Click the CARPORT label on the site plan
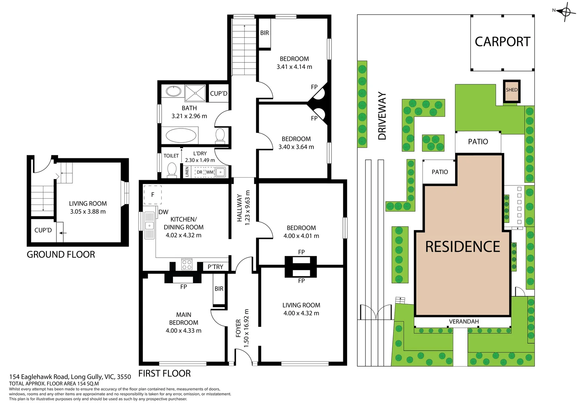[x=502, y=42]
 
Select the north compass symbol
[x=566, y=12]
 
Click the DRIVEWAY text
[x=382, y=116]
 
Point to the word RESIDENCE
[x=463, y=247]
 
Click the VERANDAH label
[x=464, y=321]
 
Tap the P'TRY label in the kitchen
[x=215, y=267]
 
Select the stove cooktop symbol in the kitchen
[x=187, y=264]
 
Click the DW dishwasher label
[x=164, y=212]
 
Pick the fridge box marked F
[x=153, y=195]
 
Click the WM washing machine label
[x=210, y=172]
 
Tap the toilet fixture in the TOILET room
[x=172, y=170]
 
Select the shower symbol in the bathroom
[x=195, y=93]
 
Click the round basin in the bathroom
[x=173, y=91]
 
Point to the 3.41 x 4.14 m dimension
[x=294, y=67]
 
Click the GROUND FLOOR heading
[x=61, y=255]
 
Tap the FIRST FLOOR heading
[x=164, y=374]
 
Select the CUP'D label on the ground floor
[x=43, y=230]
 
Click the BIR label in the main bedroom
[x=219, y=289]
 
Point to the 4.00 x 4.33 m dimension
[x=184, y=331]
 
